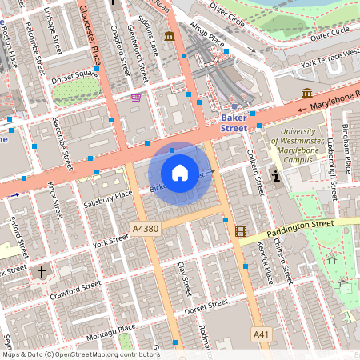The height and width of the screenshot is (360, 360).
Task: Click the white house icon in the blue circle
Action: [x=180, y=172]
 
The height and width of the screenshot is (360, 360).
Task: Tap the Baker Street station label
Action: [x=233, y=122]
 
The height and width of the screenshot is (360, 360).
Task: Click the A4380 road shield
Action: [x=145, y=228]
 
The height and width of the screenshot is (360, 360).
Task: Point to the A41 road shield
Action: [x=261, y=333]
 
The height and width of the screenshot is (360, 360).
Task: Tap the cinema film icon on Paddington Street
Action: [x=241, y=231]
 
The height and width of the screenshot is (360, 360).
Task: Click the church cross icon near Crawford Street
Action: [x=42, y=272]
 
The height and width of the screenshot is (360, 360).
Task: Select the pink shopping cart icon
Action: [x=136, y=98]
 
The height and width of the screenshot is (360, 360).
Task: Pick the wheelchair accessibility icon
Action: [x=276, y=175]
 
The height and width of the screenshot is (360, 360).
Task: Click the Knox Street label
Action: [x=54, y=199]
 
